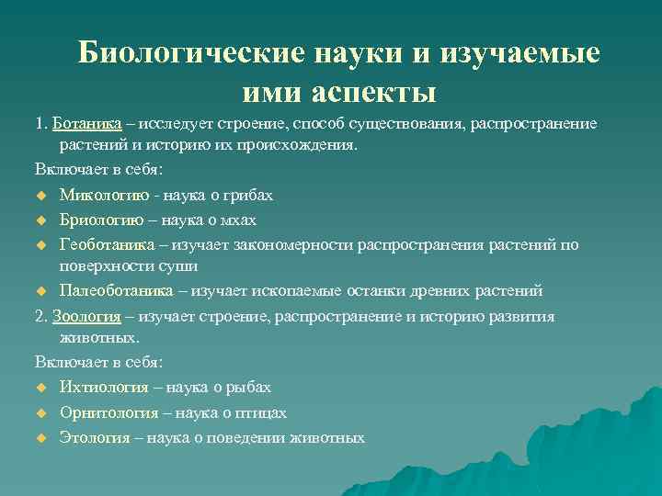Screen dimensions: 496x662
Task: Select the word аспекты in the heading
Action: (x=377, y=92)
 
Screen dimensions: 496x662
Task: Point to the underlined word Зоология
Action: (x=87, y=316)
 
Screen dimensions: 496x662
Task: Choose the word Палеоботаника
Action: (x=117, y=291)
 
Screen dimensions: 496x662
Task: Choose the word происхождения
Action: (x=309, y=145)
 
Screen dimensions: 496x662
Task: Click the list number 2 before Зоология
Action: (x=40, y=316)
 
